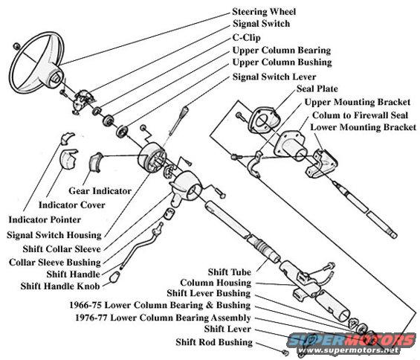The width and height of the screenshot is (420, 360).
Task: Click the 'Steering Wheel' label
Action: tap(264, 12)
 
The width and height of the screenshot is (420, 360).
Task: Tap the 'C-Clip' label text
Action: tap(247, 37)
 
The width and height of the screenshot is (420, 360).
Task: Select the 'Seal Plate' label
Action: tap(317, 89)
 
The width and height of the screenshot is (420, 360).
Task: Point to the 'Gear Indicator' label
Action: tap(100, 191)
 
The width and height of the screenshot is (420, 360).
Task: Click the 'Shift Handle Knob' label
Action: tap(60, 286)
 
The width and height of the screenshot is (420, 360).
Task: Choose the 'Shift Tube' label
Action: tap(230, 272)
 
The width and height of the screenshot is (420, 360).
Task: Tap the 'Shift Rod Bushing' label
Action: tap(214, 342)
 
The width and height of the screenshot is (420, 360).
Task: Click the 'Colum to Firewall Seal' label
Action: tap(360, 115)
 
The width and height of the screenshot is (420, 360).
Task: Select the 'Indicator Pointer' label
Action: tap(45, 220)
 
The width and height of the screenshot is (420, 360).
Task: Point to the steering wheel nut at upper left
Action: tap(16, 46)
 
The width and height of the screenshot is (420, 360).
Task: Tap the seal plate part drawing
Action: tap(265, 120)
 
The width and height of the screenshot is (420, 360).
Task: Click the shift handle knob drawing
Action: tap(114, 277)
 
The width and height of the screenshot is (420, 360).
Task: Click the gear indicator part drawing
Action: tap(96, 161)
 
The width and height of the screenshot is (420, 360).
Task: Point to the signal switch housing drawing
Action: tap(152, 158)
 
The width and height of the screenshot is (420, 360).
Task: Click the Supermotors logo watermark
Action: tap(351, 343)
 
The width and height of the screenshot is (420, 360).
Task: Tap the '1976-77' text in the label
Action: tap(91, 318)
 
